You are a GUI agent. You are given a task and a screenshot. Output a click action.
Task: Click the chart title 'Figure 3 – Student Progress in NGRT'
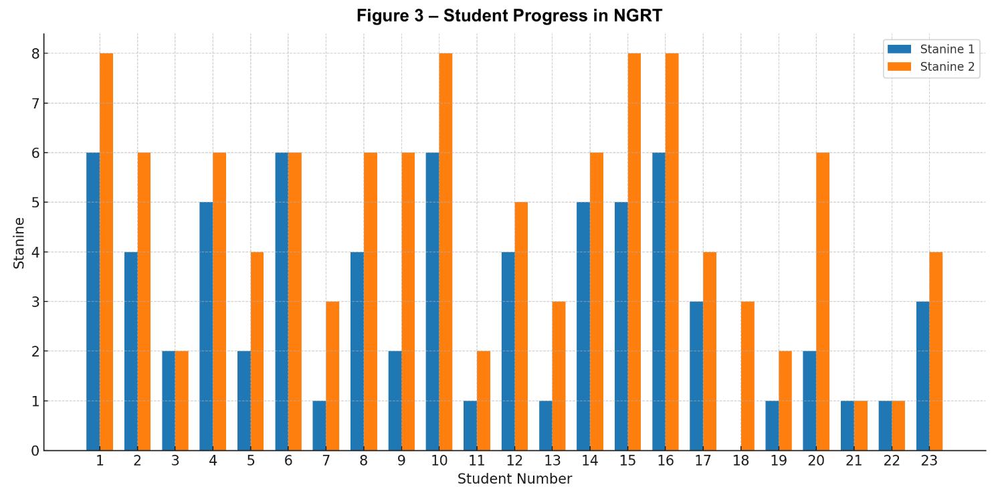click(x=509, y=16)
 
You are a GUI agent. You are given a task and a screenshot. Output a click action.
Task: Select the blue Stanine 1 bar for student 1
click(x=93, y=302)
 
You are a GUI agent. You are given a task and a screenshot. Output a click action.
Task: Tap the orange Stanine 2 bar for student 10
click(x=445, y=252)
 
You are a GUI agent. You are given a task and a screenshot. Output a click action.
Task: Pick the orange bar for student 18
click(x=748, y=376)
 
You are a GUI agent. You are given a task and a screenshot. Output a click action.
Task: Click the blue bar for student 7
click(x=320, y=425)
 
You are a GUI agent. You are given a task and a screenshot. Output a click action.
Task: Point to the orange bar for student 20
click(x=823, y=302)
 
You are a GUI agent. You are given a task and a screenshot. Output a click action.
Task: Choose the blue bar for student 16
click(x=659, y=302)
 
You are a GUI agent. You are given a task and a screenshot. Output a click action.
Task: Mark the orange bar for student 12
click(x=521, y=326)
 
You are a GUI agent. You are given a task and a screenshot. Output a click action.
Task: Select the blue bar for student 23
click(x=922, y=376)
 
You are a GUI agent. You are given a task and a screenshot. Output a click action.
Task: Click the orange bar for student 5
click(x=257, y=351)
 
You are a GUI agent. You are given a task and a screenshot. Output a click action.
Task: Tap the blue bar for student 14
click(x=583, y=326)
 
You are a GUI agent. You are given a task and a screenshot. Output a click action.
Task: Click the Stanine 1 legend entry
click(x=930, y=49)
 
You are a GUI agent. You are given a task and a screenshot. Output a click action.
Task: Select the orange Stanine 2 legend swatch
click(x=899, y=66)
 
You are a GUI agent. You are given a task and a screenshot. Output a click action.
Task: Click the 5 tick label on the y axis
click(x=35, y=203)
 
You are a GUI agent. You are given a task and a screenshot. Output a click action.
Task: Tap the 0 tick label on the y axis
click(x=35, y=451)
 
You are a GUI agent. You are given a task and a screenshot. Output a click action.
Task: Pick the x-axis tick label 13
click(x=552, y=461)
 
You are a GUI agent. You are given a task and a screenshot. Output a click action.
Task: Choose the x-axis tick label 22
click(x=892, y=461)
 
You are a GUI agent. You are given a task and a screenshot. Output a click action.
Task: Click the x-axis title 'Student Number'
click(x=514, y=479)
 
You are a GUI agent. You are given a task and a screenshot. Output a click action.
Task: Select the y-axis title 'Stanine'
click(x=19, y=243)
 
